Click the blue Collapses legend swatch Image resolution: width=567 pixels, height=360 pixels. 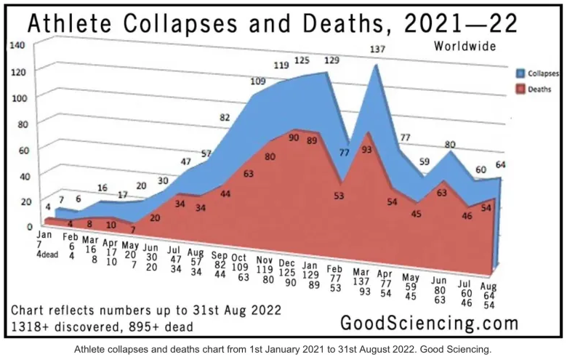[x=512, y=73]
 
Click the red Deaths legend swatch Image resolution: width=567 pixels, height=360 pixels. [x=512, y=89]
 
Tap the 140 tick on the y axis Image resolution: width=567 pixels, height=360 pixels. [x=17, y=45]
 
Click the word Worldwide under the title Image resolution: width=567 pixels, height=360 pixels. [x=465, y=46]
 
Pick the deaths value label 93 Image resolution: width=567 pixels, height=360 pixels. [x=366, y=150]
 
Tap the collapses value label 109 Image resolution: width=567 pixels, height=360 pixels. [x=257, y=81]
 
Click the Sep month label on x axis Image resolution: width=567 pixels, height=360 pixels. [x=220, y=256]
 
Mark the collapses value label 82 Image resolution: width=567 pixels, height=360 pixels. [x=225, y=117]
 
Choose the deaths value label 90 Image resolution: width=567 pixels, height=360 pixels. [x=293, y=136]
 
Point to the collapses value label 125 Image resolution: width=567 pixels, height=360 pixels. [x=302, y=60]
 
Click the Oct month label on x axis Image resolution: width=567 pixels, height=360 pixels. [x=239, y=257]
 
